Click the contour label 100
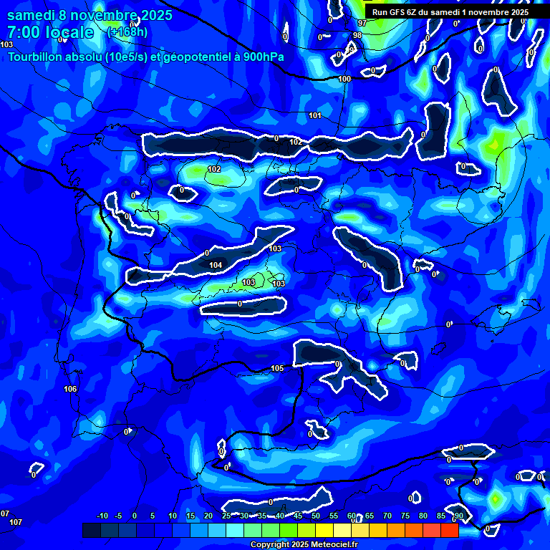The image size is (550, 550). tap(345, 79)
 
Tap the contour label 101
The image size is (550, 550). tap(315, 115)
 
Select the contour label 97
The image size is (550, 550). tap(362, 23)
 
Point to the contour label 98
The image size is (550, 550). tap(357, 34)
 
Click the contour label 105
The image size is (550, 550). tap(277, 369)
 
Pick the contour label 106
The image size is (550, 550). tap(69, 389)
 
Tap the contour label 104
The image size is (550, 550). tap(216, 265)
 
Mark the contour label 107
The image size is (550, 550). tap(16, 522)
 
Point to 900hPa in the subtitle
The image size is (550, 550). tap(261, 57)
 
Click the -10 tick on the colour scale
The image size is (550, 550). tap(102, 516)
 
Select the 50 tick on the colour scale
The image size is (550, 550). tap(316, 516)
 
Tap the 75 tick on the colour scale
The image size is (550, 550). tap(405, 516)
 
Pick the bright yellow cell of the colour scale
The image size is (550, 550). tap(324, 530)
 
